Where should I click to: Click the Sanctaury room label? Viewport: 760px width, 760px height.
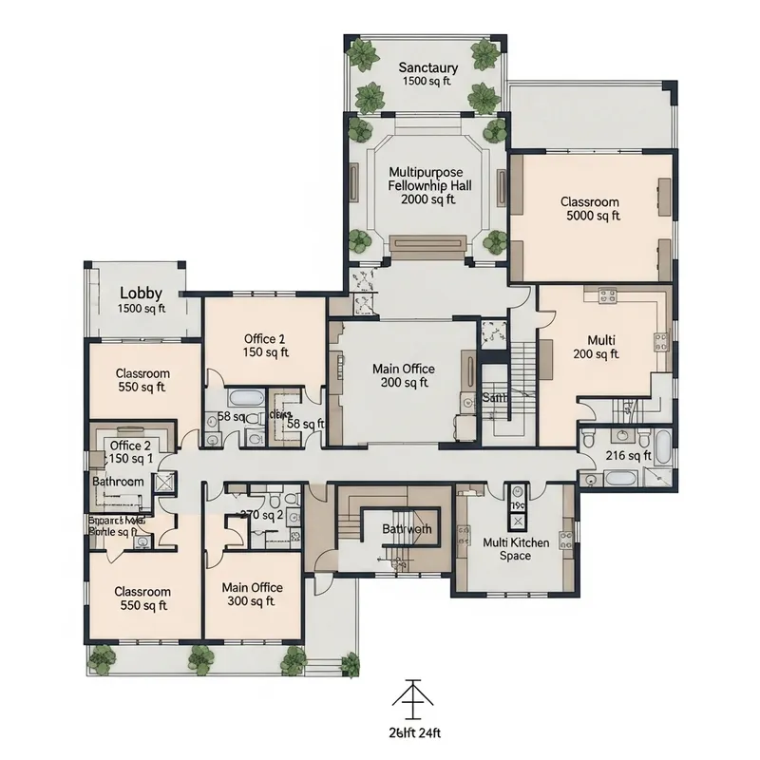427,74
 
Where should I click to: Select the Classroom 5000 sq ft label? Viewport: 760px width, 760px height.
589,209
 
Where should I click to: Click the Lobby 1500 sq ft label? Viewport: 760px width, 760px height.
141,300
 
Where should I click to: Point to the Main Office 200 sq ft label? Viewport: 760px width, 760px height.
404,375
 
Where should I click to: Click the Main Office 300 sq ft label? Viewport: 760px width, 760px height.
252,594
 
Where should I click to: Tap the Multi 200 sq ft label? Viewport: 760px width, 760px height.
601,347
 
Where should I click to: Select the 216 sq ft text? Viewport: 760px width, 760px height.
628,456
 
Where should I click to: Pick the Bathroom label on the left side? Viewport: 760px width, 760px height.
118,482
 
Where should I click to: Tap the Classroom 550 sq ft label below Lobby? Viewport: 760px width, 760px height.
142,380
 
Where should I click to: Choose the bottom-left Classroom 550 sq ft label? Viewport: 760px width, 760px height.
142,598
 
